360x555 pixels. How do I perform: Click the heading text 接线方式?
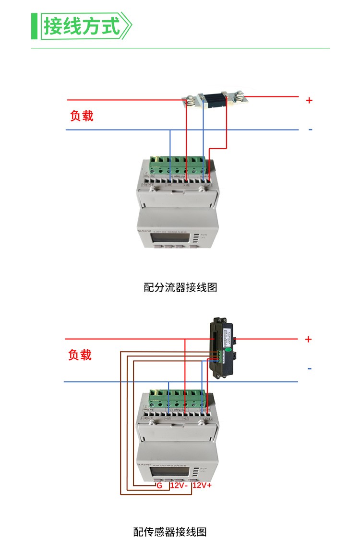click(x=82, y=26)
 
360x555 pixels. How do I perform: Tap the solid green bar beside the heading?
click(x=34, y=26)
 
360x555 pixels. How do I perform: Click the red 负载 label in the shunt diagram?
click(x=82, y=116)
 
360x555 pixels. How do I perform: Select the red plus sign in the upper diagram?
click(x=309, y=100)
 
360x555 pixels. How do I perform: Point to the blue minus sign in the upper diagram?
click(x=310, y=130)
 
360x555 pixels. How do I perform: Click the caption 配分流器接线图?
click(x=180, y=287)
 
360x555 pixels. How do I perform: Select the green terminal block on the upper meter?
click(x=180, y=165)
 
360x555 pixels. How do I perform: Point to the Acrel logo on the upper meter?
click(x=145, y=231)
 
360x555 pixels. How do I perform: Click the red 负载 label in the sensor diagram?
click(x=80, y=355)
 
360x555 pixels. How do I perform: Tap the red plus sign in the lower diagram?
click(x=308, y=340)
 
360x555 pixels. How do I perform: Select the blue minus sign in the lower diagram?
click(x=309, y=368)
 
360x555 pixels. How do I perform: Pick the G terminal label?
click(x=159, y=486)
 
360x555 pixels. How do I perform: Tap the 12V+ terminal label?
click(x=202, y=486)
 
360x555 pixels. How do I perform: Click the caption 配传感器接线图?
click(x=170, y=532)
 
